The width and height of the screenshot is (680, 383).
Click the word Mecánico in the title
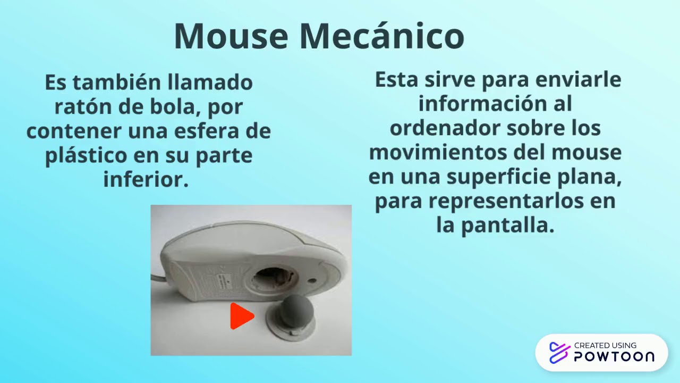tap(381, 36)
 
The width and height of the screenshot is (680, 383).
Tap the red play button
tap(242, 317)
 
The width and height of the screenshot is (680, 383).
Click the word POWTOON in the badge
tap(614, 356)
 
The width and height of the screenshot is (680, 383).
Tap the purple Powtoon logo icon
tap(559, 352)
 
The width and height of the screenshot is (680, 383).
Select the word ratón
tap(83, 107)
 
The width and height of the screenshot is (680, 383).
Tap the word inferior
tap(146, 180)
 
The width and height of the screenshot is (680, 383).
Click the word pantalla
tap(507, 226)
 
